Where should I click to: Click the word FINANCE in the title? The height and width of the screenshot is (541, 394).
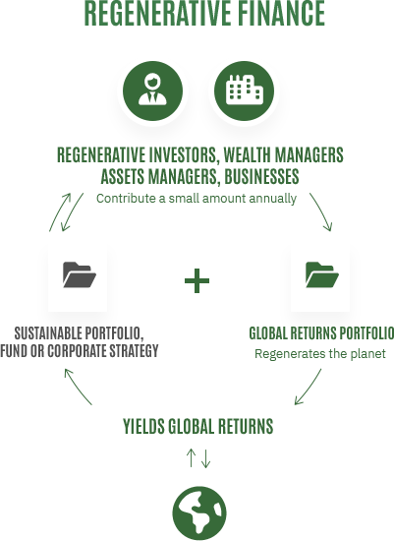point(282,13)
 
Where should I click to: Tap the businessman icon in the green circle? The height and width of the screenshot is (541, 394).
point(152,91)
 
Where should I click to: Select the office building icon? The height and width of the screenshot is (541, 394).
point(244,91)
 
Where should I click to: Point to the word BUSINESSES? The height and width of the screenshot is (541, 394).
point(261,176)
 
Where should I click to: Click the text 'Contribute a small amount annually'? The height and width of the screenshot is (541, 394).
point(197,199)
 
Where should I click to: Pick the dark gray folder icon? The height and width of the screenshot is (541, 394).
point(80,274)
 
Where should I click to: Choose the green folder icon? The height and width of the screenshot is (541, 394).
point(322,274)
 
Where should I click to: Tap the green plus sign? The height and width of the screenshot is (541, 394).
point(197,280)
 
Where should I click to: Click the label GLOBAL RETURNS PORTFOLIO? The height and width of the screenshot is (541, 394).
point(321,333)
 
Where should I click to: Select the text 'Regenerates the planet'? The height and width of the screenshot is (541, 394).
point(320,354)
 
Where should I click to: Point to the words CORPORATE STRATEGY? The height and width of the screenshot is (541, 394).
point(103,351)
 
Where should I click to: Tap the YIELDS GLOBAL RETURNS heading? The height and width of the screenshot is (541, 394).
point(198,426)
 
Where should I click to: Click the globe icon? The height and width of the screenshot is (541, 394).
point(199,513)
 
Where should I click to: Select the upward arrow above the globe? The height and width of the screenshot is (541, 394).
point(191,458)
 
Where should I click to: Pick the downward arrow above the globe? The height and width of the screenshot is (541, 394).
point(205,458)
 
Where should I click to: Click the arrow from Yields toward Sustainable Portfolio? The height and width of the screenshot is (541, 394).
point(77,386)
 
